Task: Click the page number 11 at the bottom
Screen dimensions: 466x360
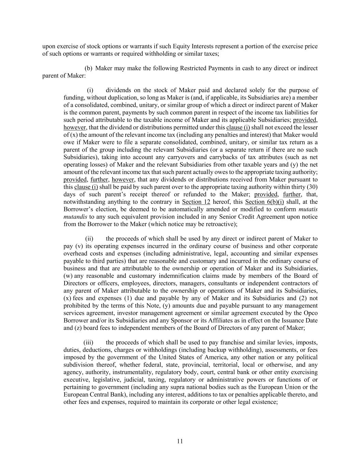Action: pos(180,441)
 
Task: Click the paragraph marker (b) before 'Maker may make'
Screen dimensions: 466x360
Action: pos(88,68)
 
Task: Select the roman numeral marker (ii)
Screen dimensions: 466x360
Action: pos(89,239)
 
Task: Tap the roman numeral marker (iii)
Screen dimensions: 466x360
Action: pos(88,342)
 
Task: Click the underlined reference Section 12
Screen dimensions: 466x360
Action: pos(196,202)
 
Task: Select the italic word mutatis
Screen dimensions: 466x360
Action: pos(308,209)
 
